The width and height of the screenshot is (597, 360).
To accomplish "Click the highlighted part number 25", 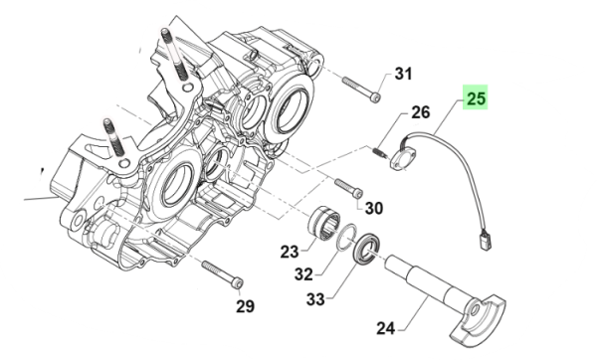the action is pyautogui.click(x=476, y=97).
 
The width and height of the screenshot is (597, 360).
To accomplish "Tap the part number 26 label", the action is pyautogui.click(x=420, y=112).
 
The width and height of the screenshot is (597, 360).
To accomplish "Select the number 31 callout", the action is pyautogui.click(x=403, y=74).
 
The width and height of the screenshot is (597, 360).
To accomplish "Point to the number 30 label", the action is pyautogui.click(x=374, y=208).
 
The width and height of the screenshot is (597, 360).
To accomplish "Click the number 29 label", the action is pyautogui.click(x=245, y=306).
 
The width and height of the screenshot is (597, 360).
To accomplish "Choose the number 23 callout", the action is pyautogui.click(x=290, y=252).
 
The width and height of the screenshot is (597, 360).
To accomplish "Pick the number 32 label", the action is pyautogui.click(x=303, y=273).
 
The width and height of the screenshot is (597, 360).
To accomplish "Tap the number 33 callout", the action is pyautogui.click(x=315, y=299).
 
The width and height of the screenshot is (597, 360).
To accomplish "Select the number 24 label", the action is pyautogui.click(x=386, y=328).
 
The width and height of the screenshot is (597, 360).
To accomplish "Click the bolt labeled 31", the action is pyautogui.click(x=361, y=90).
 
